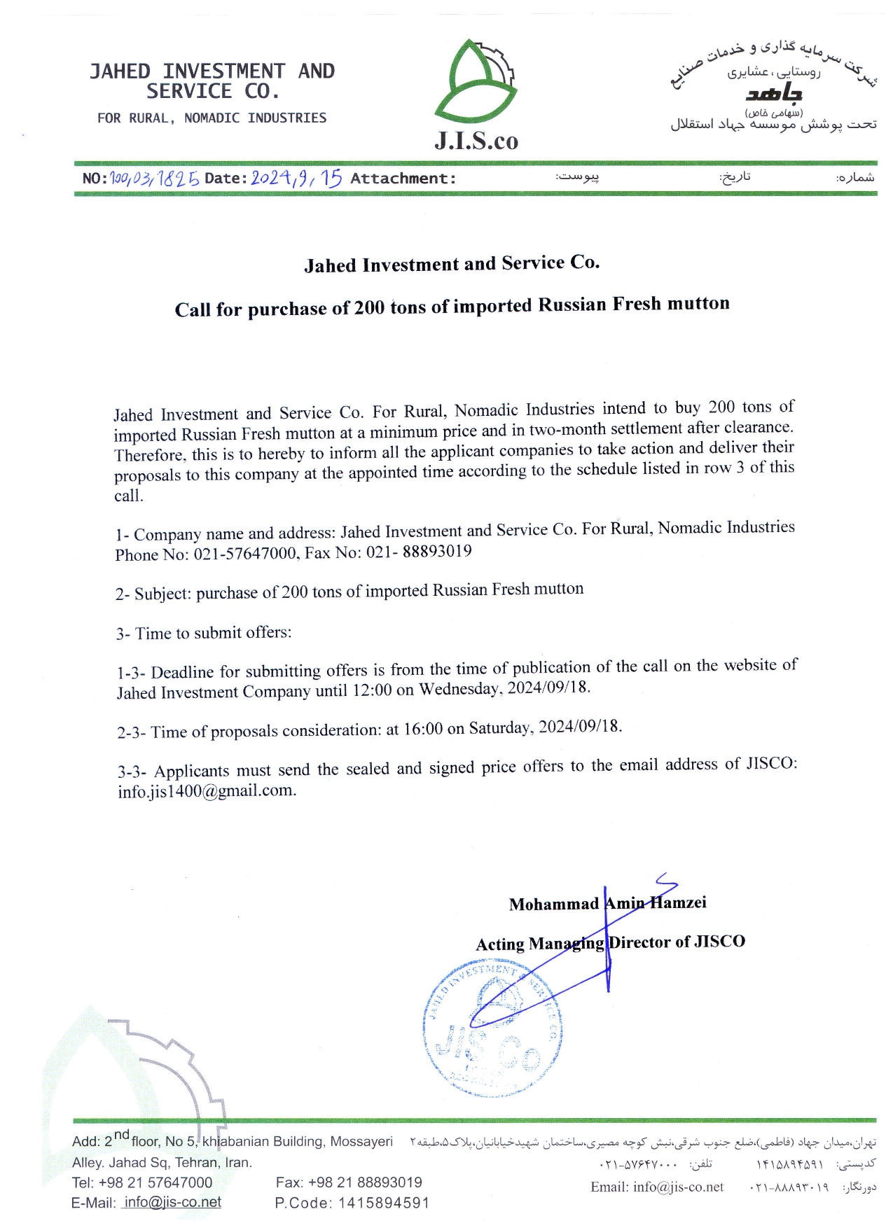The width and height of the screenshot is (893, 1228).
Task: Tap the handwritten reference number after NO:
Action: (x=155, y=178)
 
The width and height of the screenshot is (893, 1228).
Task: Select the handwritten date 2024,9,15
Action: (x=296, y=178)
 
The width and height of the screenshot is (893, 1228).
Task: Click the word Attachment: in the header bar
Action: (x=403, y=179)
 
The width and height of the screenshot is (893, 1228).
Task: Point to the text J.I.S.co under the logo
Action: (x=476, y=141)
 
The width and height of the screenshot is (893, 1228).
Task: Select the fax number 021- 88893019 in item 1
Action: (x=419, y=552)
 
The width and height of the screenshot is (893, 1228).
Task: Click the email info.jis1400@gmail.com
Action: (x=207, y=791)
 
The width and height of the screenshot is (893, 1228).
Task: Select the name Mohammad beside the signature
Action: (x=553, y=905)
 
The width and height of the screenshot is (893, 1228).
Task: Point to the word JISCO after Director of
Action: (x=719, y=942)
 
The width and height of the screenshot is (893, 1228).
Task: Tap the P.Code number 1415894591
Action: (x=384, y=1203)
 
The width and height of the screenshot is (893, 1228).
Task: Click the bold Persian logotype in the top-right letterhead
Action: (x=773, y=93)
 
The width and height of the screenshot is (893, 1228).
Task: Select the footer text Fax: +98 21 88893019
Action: (x=349, y=1182)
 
